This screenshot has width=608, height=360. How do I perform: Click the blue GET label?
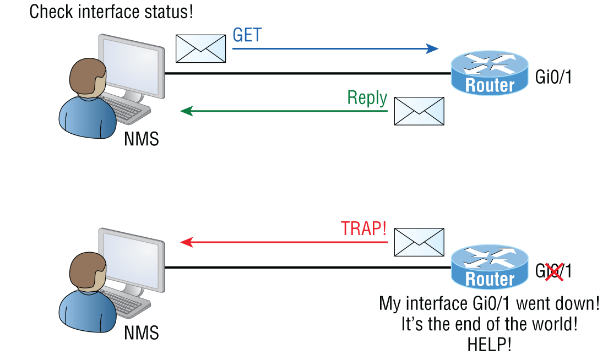(x=247, y=35)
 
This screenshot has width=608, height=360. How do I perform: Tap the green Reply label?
(x=367, y=98)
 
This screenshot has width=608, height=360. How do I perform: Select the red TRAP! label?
(x=363, y=228)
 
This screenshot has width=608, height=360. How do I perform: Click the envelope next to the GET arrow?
(x=200, y=48)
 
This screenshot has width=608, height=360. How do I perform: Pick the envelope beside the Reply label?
(x=419, y=111)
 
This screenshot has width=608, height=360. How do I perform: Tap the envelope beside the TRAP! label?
(x=419, y=242)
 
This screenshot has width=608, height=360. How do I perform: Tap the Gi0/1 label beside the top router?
(x=553, y=77)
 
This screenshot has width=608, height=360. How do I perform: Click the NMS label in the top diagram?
(x=141, y=139)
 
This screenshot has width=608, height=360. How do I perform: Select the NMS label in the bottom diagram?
(x=141, y=332)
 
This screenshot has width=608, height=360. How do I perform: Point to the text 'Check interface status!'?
(x=111, y=12)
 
